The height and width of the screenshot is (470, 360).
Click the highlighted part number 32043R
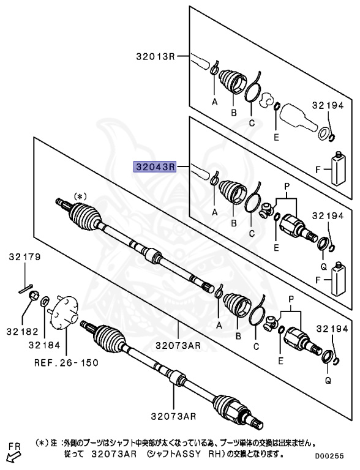tap(156, 166)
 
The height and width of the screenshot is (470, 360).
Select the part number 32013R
tap(156, 57)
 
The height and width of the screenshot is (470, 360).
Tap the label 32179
tap(24, 257)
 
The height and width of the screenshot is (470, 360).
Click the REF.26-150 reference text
tap(66, 362)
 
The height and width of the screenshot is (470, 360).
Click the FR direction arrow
tap(11, 455)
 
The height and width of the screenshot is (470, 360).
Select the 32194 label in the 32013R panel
tap(328, 105)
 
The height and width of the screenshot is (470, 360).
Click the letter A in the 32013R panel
tap(214, 102)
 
